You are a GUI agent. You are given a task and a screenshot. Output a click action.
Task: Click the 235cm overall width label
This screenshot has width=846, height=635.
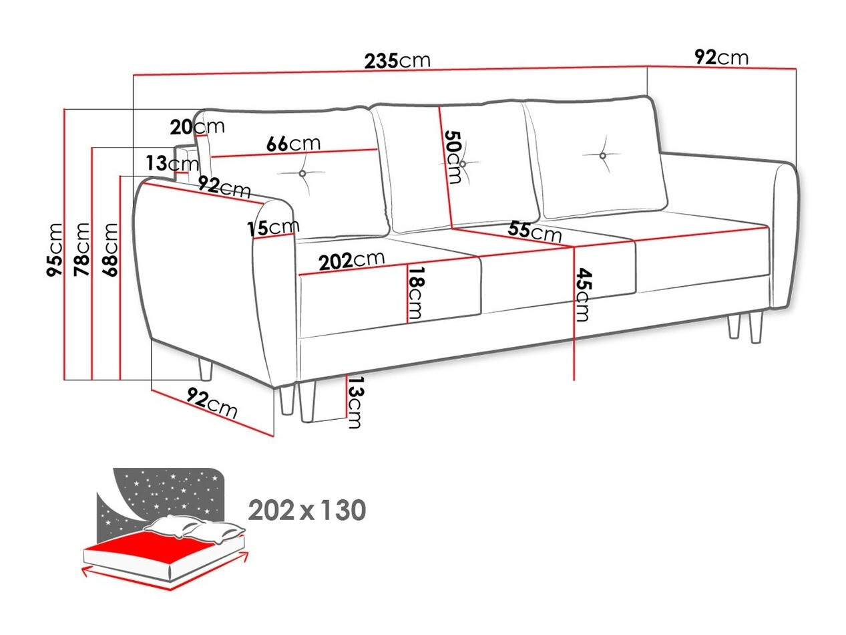coord(397,61)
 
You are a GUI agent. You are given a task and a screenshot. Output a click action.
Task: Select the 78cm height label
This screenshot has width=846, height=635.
coord(82,249)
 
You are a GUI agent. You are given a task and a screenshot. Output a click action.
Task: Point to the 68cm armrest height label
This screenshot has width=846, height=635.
coord(110,249)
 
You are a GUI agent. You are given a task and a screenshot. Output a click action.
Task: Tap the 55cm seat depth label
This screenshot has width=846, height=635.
coord(534,231)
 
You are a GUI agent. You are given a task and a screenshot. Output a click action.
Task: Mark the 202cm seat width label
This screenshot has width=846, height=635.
coord(351,260)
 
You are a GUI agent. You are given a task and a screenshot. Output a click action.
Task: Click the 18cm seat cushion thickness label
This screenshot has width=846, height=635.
coord(416,293)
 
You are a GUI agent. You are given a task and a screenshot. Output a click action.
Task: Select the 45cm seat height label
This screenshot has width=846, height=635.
coord(582,295)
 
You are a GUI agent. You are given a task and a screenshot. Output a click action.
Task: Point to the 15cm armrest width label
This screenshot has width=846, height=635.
coord(272,228)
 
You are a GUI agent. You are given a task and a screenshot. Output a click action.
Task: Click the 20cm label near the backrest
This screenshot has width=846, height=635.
coord(197,126)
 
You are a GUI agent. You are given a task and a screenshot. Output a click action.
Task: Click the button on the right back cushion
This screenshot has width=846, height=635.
coord(602,156)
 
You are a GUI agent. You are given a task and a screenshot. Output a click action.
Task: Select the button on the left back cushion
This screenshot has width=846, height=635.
coord(302,174)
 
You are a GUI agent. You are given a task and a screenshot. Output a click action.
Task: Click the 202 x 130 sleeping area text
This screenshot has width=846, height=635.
coord(306,511)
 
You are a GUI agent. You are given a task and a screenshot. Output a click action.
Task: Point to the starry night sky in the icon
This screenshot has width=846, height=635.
coord(167,491)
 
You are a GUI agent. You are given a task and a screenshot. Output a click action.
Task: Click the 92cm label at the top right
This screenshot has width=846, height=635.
coord(721,57)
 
